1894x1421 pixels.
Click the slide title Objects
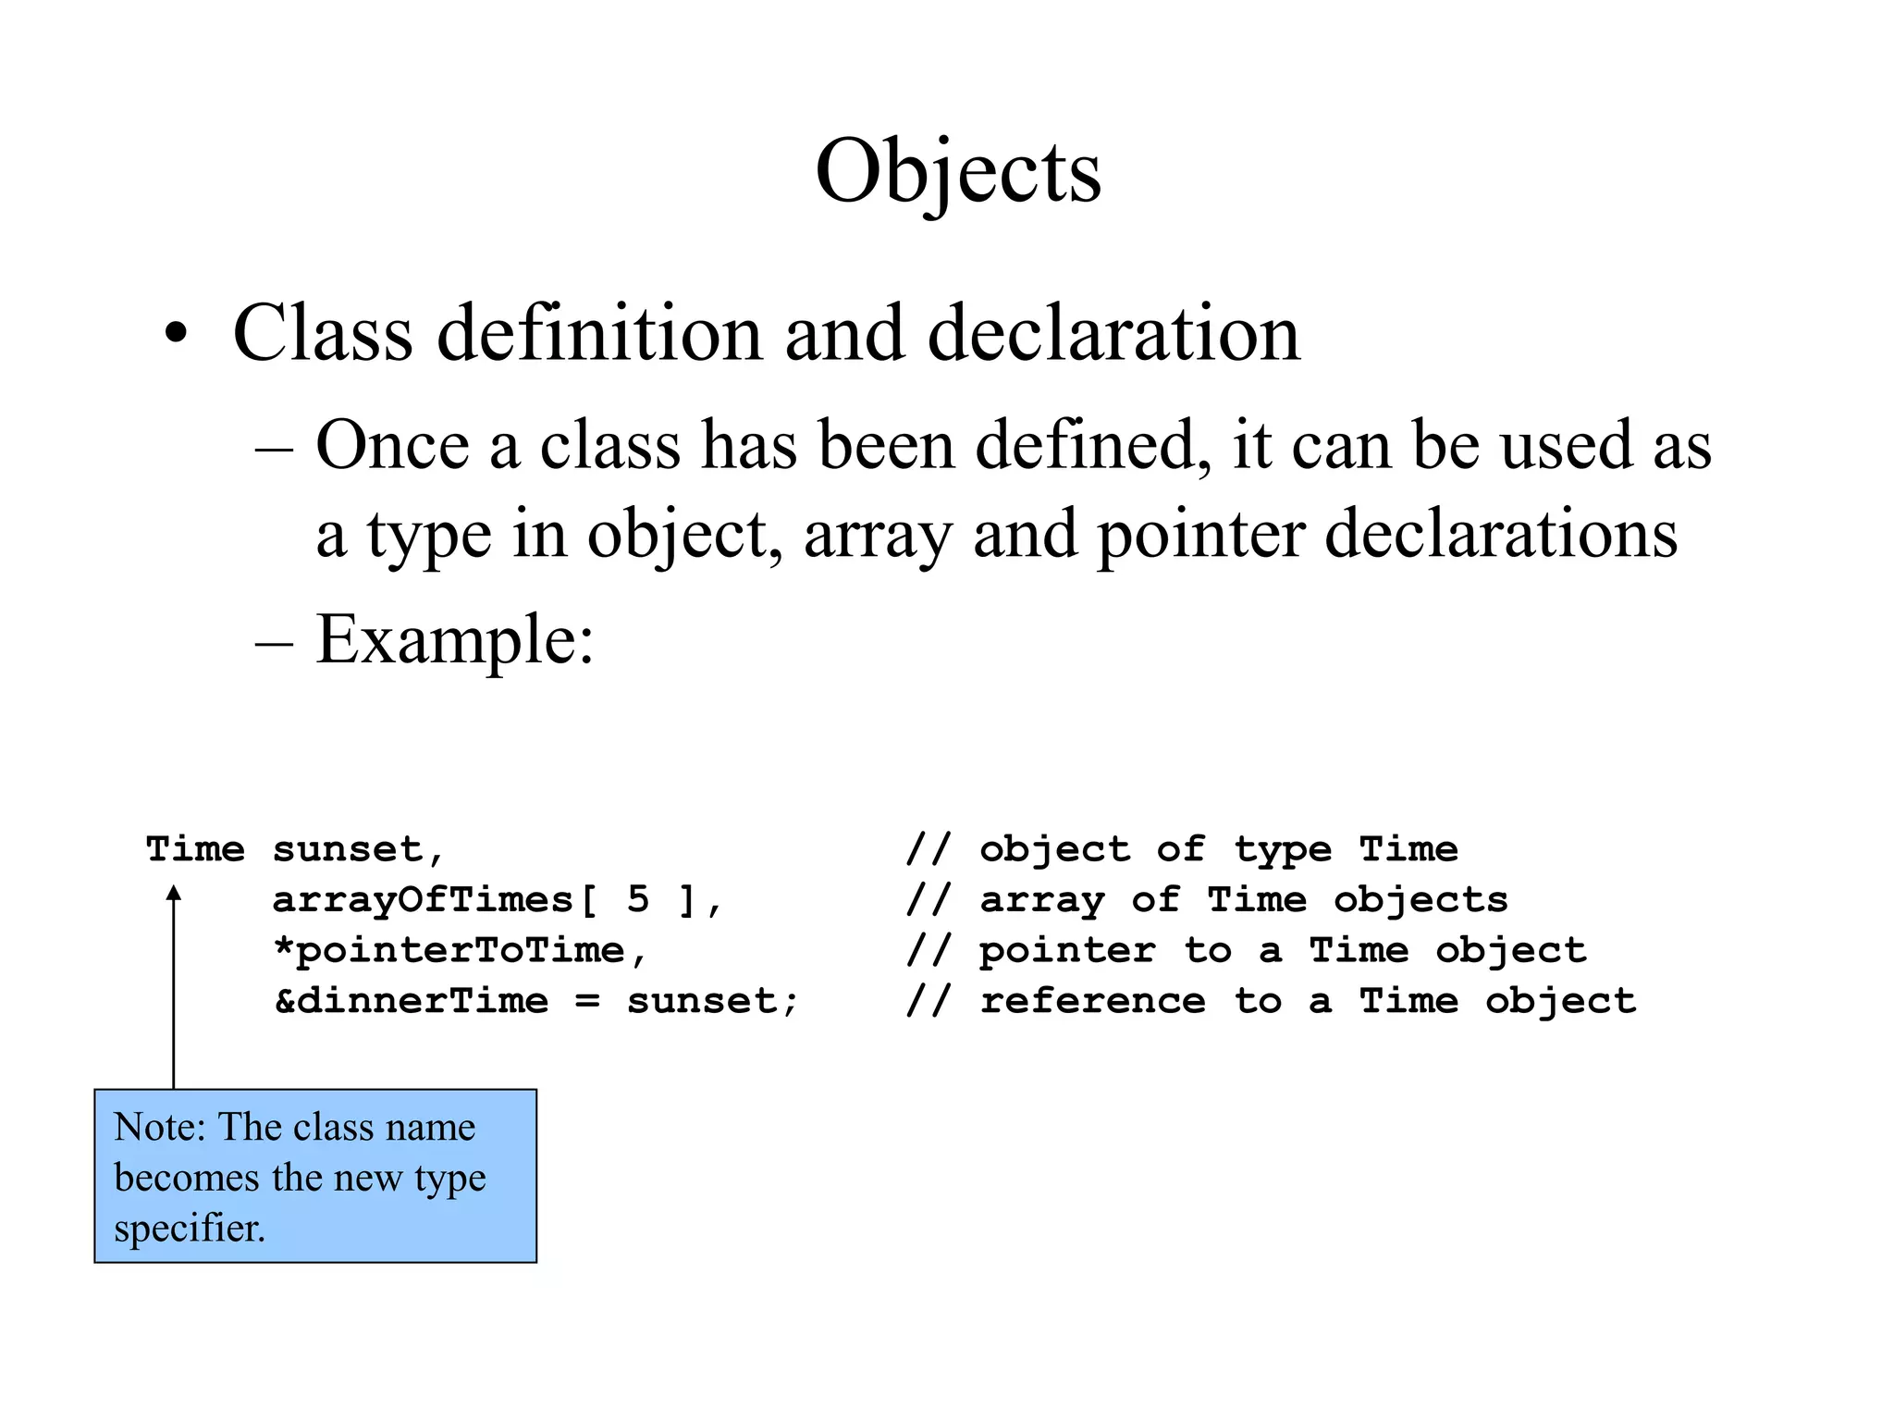(x=958, y=171)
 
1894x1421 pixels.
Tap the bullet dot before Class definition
(x=176, y=335)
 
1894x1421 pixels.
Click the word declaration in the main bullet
(x=1113, y=333)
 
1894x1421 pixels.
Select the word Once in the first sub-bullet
(x=392, y=446)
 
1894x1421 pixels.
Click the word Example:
(x=454, y=640)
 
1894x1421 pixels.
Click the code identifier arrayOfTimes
(x=423, y=900)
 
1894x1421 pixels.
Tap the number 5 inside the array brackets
(x=638, y=900)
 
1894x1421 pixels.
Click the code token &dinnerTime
(x=412, y=1001)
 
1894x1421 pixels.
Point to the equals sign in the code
(x=587, y=1002)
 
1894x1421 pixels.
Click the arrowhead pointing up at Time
(x=173, y=893)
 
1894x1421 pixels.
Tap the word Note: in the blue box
(x=159, y=1128)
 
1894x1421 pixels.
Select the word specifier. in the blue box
(x=190, y=1229)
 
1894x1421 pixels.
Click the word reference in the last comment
(x=1092, y=1001)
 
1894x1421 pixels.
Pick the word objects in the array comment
(x=1420, y=900)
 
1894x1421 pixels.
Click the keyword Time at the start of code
(x=196, y=849)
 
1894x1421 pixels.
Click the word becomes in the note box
(x=186, y=1178)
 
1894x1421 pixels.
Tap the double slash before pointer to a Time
(x=928, y=951)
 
